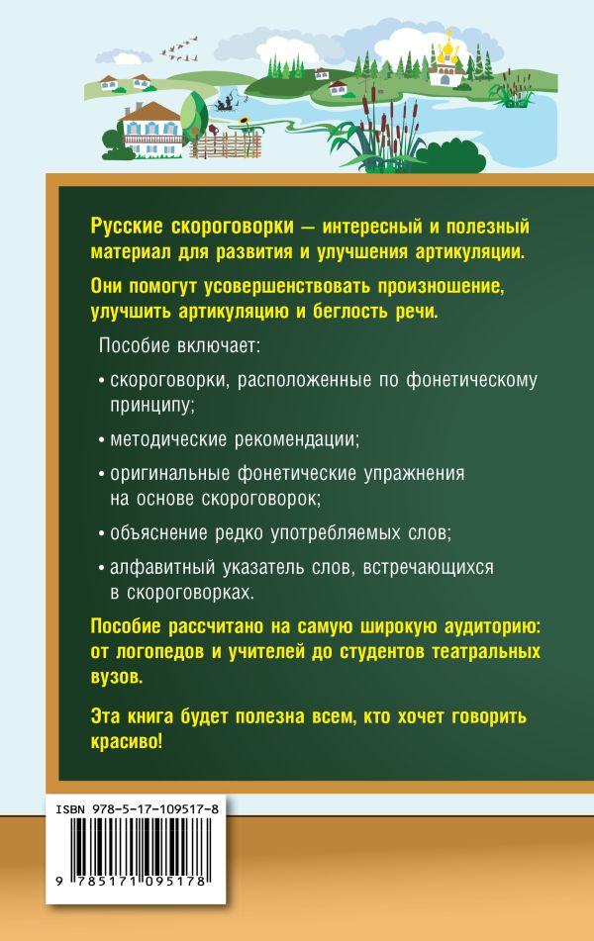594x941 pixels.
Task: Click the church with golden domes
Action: coord(446,60)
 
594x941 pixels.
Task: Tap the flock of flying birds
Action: coord(179,48)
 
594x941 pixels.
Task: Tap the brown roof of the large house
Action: coord(152,111)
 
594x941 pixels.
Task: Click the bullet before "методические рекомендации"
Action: coord(102,441)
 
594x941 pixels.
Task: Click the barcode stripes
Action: coord(138,846)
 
